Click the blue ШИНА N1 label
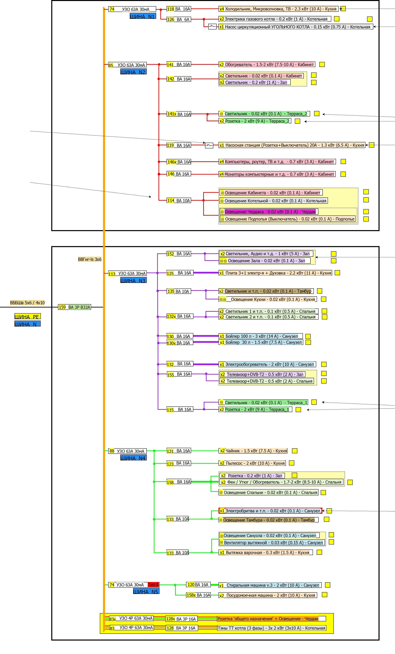[x=143, y=16]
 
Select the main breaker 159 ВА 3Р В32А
[x=74, y=307]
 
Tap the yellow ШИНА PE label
[x=27, y=316]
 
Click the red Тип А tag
[x=153, y=585]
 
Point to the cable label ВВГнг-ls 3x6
[x=90, y=259]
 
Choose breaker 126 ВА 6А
[x=179, y=19]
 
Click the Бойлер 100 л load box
[x=261, y=336]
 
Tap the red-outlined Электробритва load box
[x=270, y=511]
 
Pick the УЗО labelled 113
[x=127, y=273]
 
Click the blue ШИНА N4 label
[x=133, y=458]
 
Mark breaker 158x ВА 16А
[x=199, y=595]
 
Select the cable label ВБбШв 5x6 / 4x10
[x=27, y=303]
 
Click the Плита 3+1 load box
[x=275, y=273]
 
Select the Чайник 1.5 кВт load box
[x=253, y=451]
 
